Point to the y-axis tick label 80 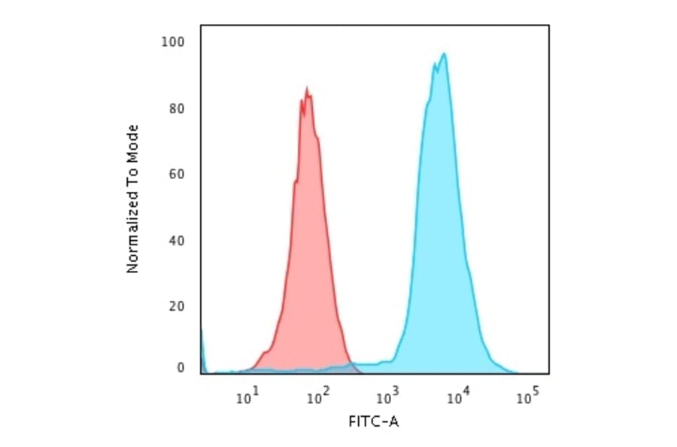click(x=177, y=108)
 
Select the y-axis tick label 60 click(x=177, y=175)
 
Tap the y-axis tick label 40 click(x=177, y=241)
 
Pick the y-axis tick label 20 click(x=177, y=307)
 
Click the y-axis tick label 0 click(x=181, y=368)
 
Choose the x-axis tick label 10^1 click(x=247, y=395)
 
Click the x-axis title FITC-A click(x=374, y=422)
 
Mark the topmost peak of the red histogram click(x=306, y=88)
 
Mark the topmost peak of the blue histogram click(x=445, y=54)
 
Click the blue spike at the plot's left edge click(x=202, y=346)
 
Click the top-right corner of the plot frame click(x=548, y=26)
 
